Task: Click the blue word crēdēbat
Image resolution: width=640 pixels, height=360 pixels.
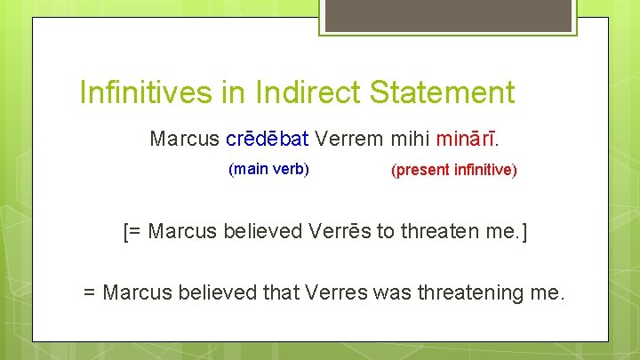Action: tap(268, 139)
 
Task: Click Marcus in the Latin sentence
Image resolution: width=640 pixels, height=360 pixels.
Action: tap(184, 139)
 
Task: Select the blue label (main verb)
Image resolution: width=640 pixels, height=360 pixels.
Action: tap(268, 168)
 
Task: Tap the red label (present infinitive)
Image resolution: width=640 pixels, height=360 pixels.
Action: tap(453, 170)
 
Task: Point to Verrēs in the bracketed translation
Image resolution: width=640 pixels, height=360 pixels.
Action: tap(340, 232)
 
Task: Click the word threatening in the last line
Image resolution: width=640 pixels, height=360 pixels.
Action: tap(476, 291)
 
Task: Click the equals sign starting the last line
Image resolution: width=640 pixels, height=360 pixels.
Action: tap(89, 292)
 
